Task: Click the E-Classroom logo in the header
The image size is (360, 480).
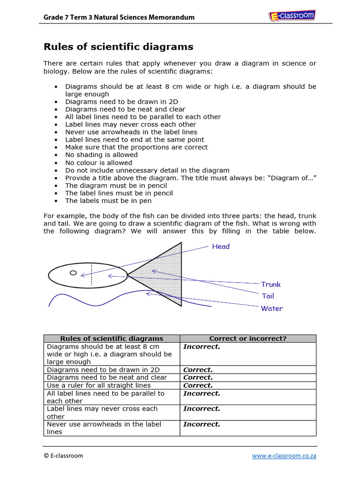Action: click(x=292, y=16)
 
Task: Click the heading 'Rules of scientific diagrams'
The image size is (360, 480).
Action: click(x=118, y=46)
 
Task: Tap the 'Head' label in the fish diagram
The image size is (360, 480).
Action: click(x=221, y=246)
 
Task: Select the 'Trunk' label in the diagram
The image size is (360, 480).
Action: click(x=271, y=284)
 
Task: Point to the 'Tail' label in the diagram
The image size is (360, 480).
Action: click(x=268, y=296)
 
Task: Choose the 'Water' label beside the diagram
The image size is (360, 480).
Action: click(x=272, y=308)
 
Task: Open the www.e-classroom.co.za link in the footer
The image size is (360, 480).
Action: click(x=284, y=455)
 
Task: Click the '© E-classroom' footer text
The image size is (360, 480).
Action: click(x=63, y=455)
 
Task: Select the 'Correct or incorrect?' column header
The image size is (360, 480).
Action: click(x=247, y=338)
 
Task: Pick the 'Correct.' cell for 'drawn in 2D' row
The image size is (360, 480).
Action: click(x=198, y=370)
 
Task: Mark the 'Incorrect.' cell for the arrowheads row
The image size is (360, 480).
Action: click(x=202, y=424)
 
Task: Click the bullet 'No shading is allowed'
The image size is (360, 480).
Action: click(x=101, y=155)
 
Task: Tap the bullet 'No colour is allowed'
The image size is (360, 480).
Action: click(x=98, y=163)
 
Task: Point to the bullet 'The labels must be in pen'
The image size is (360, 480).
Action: click(x=108, y=201)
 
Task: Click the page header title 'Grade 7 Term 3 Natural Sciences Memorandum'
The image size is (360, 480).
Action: click(x=119, y=17)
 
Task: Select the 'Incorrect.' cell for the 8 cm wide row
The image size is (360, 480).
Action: click(x=202, y=346)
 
